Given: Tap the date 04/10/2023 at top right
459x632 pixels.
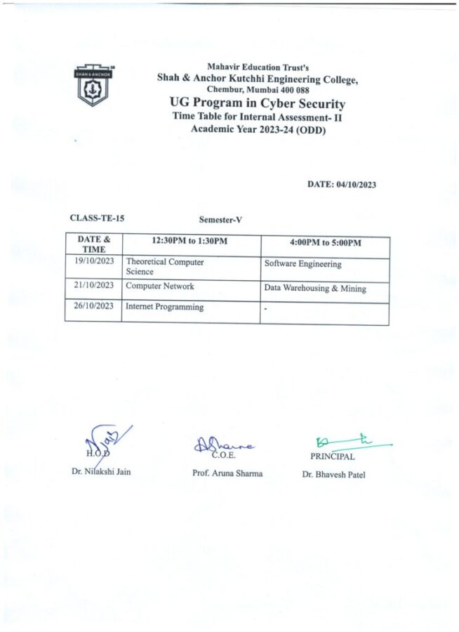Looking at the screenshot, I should point(342,185).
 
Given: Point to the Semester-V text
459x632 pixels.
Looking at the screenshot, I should point(220,220).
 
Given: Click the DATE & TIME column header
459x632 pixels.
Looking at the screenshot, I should point(93,244).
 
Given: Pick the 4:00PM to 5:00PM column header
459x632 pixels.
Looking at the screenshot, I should point(325,243).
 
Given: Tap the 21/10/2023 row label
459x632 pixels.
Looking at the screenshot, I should point(93,286).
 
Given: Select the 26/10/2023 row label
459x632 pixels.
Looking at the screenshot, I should point(93,306).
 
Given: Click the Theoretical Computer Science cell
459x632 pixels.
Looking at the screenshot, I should point(165,266).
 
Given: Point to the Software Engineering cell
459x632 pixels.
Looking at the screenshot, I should point(302,265).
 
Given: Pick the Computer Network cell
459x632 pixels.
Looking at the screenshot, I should point(160,287).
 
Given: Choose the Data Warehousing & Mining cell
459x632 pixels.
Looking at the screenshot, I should point(315,288).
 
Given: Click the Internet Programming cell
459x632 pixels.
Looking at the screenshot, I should point(164,307).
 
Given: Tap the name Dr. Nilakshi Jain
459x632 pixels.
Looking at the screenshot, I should point(101,471).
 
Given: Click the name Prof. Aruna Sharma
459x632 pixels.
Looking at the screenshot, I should point(227,473).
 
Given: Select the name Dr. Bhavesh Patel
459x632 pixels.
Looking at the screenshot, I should point(333,475).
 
